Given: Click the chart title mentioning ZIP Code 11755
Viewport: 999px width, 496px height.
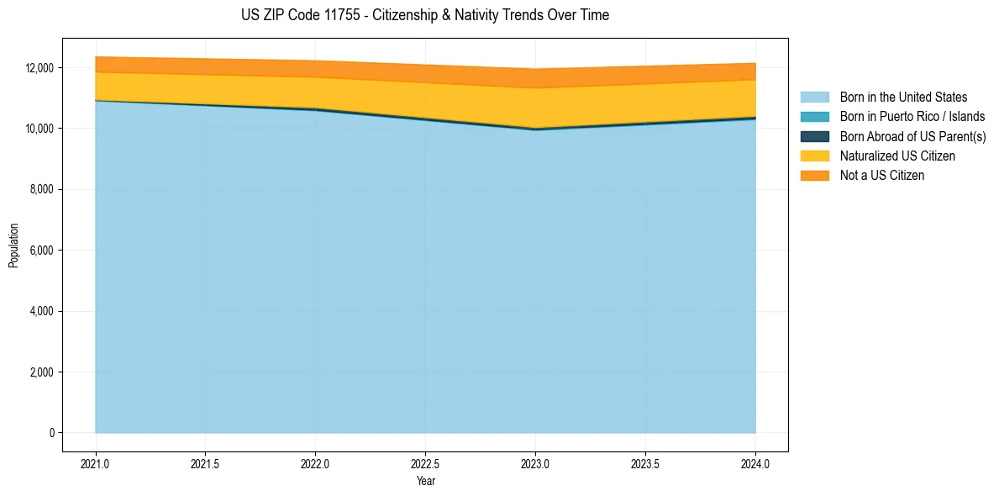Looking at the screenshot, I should click(424, 15).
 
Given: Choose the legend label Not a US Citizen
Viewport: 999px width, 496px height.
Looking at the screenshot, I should click(882, 175).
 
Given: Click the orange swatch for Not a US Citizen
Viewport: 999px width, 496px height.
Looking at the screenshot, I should click(814, 175).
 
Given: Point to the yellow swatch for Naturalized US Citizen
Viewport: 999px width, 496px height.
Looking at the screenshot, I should click(814, 156).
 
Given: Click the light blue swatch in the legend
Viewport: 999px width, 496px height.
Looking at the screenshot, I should click(814, 98).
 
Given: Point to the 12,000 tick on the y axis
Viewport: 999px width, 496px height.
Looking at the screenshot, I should click(39, 68).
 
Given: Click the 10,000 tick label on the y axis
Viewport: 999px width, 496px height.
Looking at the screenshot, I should click(39, 129).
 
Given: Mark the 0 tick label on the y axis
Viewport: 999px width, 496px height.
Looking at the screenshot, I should click(51, 433).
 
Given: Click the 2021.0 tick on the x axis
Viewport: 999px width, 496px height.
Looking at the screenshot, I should click(95, 463).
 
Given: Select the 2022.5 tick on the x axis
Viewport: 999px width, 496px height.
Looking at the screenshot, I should click(425, 463).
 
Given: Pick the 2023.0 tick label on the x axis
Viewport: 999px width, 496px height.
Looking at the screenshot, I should click(535, 463).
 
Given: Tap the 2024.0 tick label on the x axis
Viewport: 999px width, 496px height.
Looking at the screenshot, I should click(755, 463).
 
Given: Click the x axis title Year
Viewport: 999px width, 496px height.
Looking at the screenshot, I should click(425, 481).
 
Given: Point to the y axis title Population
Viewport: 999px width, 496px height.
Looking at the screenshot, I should click(13, 245).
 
